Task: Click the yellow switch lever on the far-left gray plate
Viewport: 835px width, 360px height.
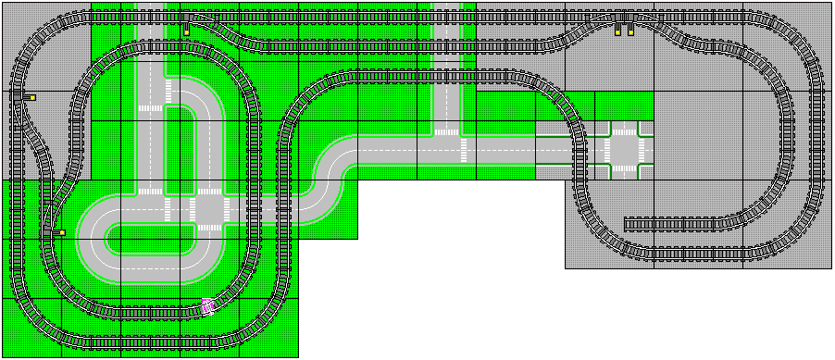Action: (x=31, y=96)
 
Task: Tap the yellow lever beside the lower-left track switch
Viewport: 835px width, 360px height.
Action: (x=61, y=232)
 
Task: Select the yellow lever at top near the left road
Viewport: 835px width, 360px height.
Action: (x=186, y=31)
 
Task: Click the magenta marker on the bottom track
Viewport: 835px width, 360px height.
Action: (x=208, y=306)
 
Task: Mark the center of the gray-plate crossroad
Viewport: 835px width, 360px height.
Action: (x=624, y=148)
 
